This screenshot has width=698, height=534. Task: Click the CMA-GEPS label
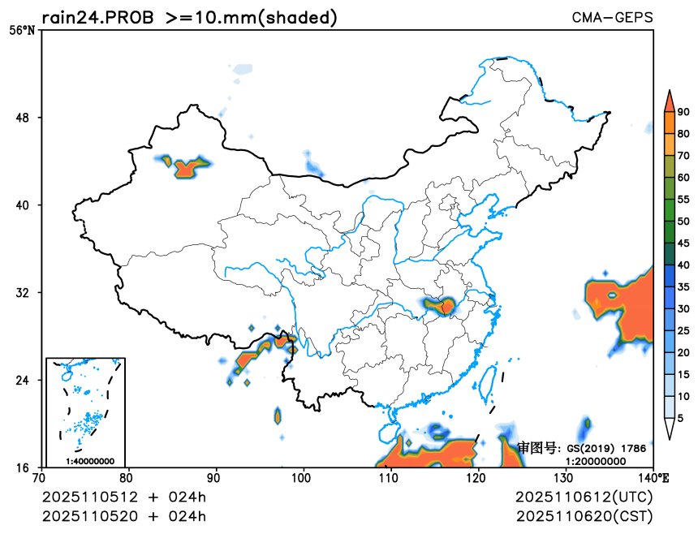click(612, 17)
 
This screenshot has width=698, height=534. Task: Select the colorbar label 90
click(683, 112)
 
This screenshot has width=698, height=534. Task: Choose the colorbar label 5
click(680, 418)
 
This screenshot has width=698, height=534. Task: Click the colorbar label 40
click(683, 265)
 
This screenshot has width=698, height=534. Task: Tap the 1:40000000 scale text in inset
click(89, 461)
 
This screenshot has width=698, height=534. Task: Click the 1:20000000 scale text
click(595, 460)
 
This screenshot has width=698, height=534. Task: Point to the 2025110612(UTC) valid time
click(584, 496)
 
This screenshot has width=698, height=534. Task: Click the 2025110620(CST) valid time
click(584, 516)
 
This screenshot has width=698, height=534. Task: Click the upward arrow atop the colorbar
click(670, 100)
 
